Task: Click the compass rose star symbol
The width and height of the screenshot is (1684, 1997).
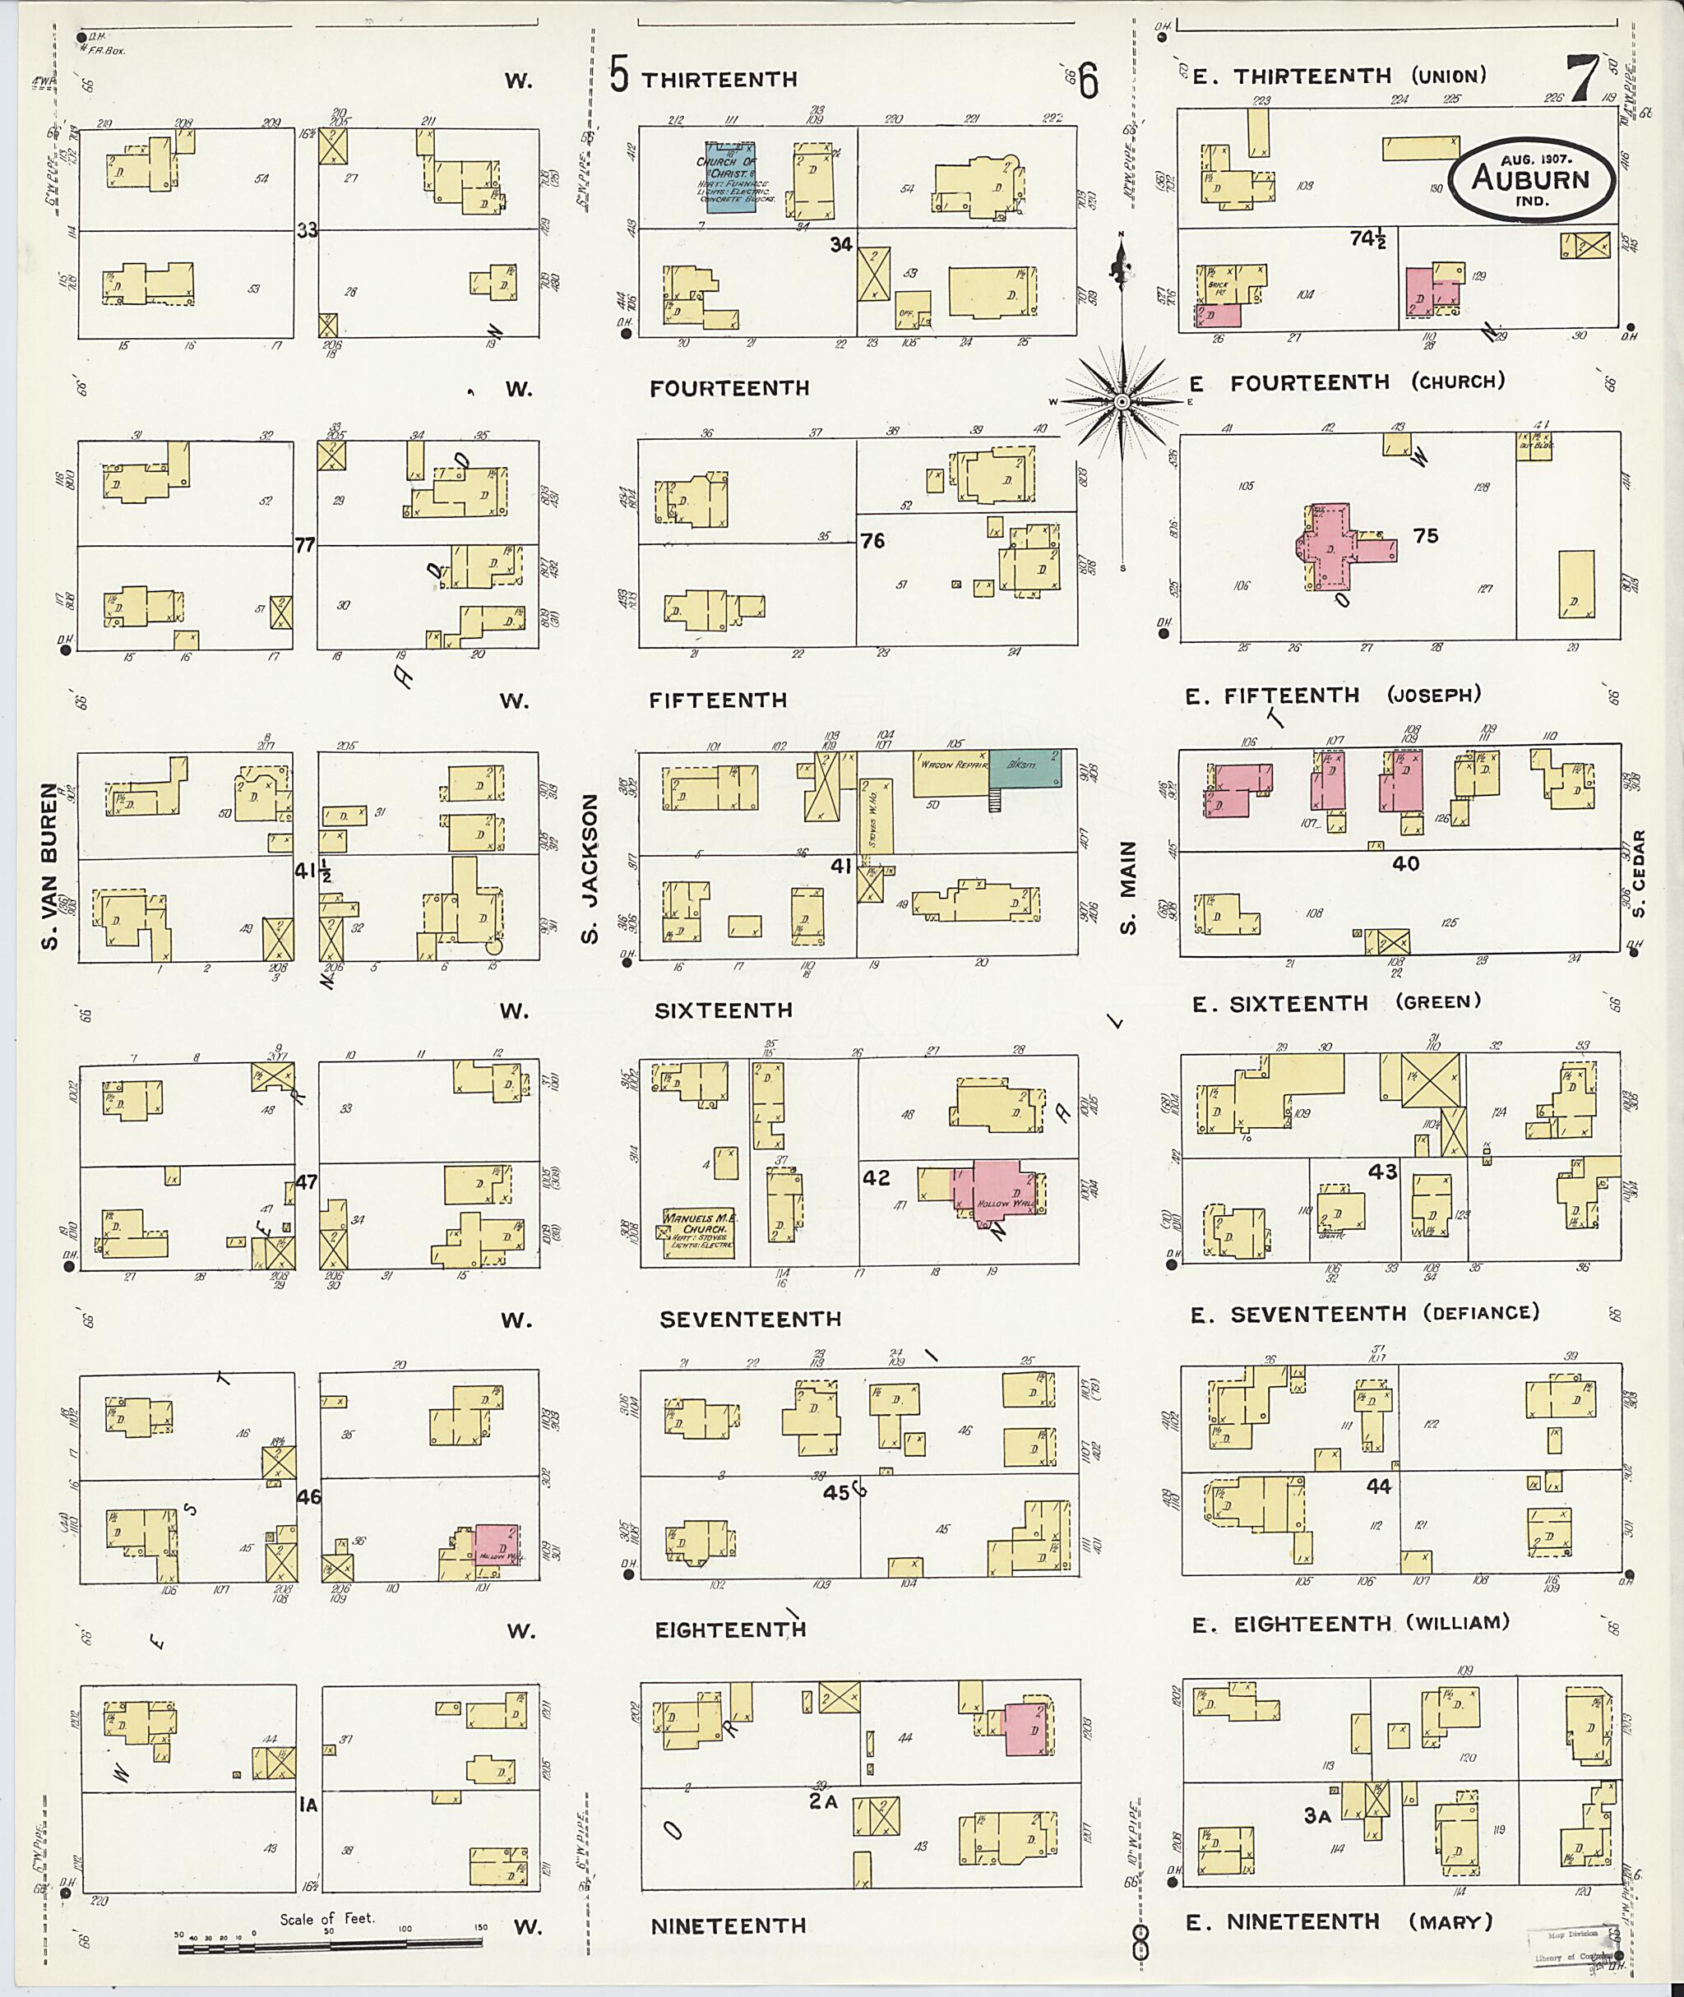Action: click(x=1122, y=403)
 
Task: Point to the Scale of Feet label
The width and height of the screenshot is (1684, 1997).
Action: click(x=327, y=1919)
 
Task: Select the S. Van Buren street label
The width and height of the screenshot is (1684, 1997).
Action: click(x=49, y=866)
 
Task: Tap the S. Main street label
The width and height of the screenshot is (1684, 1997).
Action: click(x=1128, y=888)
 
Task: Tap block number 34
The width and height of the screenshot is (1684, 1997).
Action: click(x=840, y=244)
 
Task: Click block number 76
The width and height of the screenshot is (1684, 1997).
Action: click(x=872, y=541)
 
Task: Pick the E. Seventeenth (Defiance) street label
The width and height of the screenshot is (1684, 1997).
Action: click(x=1365, y=1315)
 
